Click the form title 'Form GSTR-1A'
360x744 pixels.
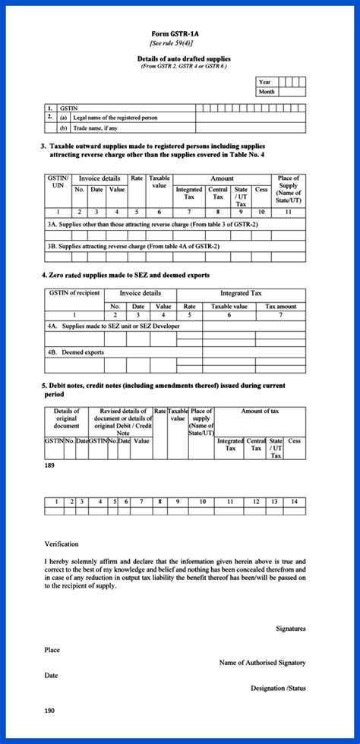coord(179,35)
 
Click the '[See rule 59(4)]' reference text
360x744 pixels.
coord(179,43)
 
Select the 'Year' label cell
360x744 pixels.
coord(265,82)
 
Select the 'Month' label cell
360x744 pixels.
coord(267,91)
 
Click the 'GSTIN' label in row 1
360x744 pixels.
coord(68,109)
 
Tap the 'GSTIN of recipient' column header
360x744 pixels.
coord(74,292)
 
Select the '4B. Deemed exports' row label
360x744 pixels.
coord(75,352)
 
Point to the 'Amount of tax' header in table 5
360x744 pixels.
coord(261,411)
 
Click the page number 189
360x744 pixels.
coord(50,464)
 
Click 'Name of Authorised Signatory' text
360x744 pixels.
coord(262,663)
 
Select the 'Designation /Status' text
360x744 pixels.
coord(278,688)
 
